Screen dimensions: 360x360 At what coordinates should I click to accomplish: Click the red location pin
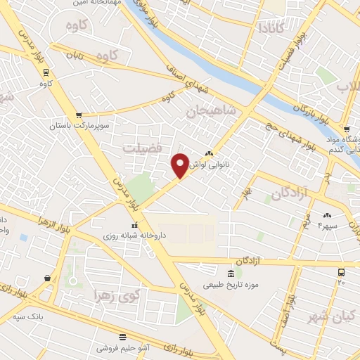point(181,166)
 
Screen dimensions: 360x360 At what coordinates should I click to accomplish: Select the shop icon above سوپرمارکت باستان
point(79,115)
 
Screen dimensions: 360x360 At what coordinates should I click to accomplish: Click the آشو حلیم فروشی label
point(123,347)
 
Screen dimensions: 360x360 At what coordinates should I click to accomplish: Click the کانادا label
point(271,29)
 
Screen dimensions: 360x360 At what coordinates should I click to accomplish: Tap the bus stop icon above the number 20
point(341,271)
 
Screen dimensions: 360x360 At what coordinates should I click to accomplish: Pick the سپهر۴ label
point(328,225)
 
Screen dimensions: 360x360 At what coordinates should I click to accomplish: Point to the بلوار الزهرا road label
point(36,221)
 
